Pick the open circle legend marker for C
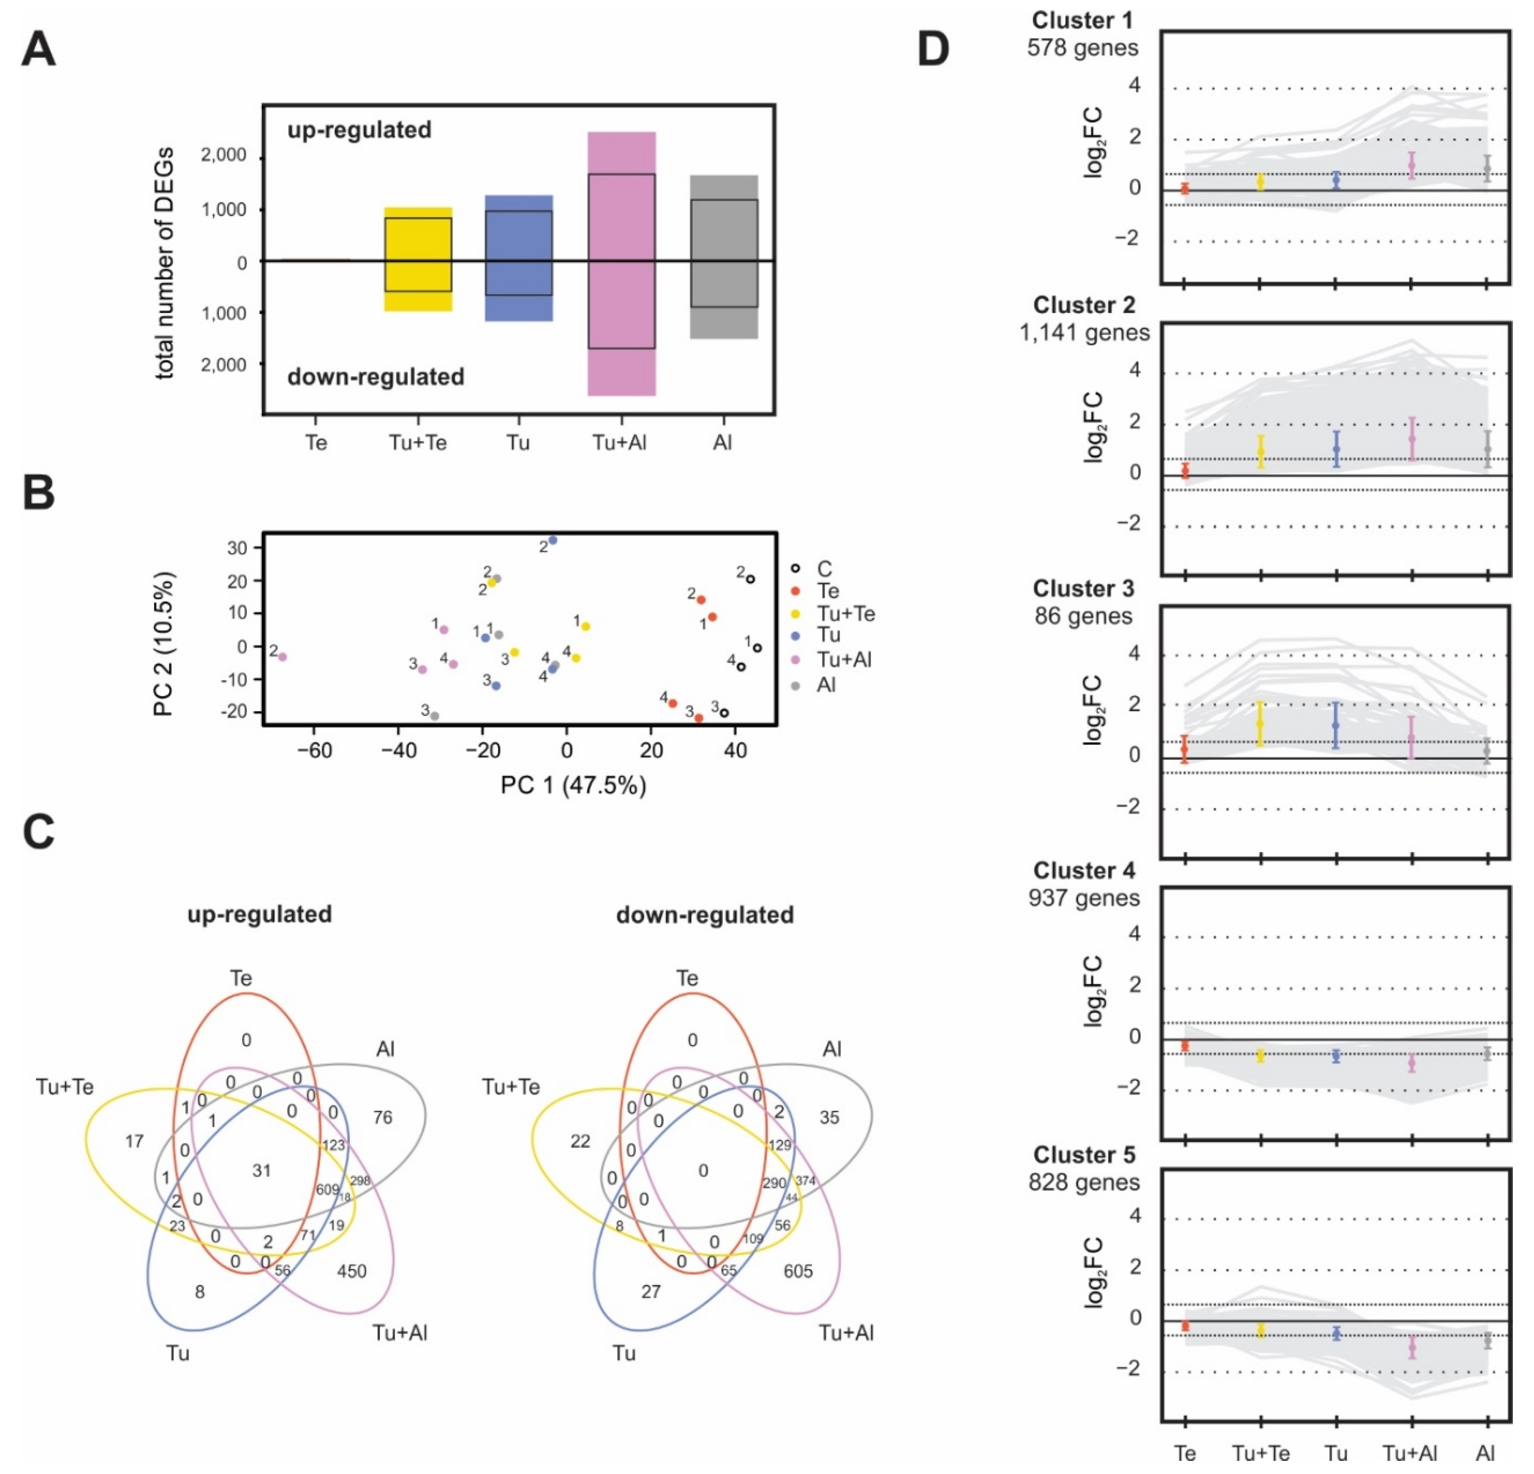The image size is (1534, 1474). point(796,569)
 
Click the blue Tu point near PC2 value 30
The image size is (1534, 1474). point(552,540)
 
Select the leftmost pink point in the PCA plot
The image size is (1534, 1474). point(283,656)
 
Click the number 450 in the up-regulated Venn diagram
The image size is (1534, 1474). point(352,1271)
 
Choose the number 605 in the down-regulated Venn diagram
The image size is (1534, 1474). point(798,1271)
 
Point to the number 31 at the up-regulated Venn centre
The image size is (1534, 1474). point(261,1170)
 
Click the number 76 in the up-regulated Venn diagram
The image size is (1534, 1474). point(383,1117)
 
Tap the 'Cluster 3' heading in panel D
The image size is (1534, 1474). point(1083,588)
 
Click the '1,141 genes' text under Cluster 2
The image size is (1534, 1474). point(1084,333)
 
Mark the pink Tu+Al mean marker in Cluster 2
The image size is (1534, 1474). point(1412,439)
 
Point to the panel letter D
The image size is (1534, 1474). point(933,49)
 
